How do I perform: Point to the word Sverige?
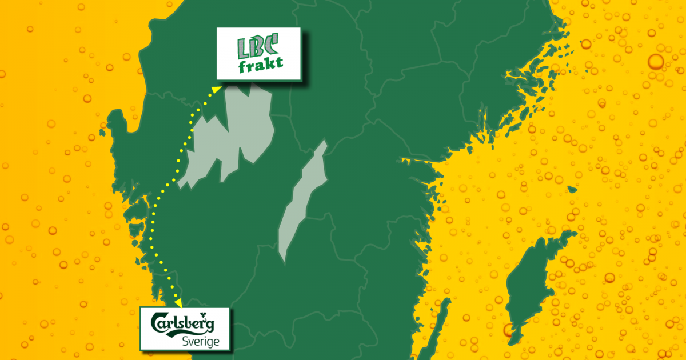[198, 341]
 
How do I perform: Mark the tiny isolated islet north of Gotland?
[572, 190]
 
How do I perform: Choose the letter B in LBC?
[260, 46]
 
